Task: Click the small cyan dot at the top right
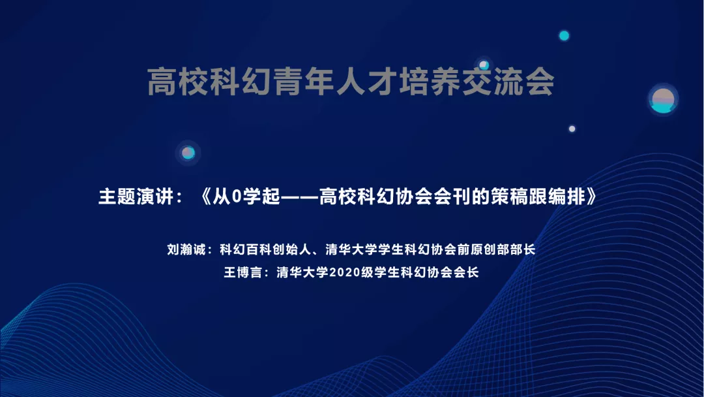tap(564, 35)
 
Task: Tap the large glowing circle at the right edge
tap(663, 99)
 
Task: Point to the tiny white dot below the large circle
tap(572, 129)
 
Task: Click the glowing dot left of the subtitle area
tap(188, 153)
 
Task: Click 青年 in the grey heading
tap(289, 82)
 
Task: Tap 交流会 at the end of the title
tap(508, 82)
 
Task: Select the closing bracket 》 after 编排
tap(592, 197)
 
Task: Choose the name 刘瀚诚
tap(186, 249)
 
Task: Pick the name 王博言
tap(243, 272)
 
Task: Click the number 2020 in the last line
tap(345, 272)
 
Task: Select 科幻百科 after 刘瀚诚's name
tap(246, 249)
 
